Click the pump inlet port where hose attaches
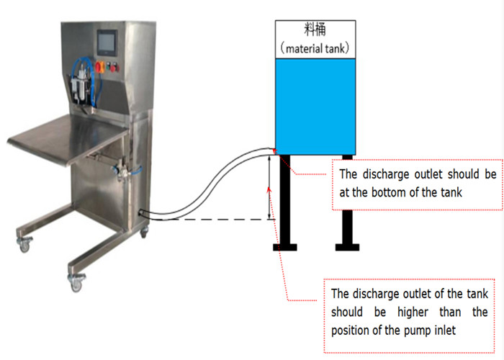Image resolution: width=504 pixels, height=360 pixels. click(142, 213)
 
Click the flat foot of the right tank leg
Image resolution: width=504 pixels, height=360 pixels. click(346, 248)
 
